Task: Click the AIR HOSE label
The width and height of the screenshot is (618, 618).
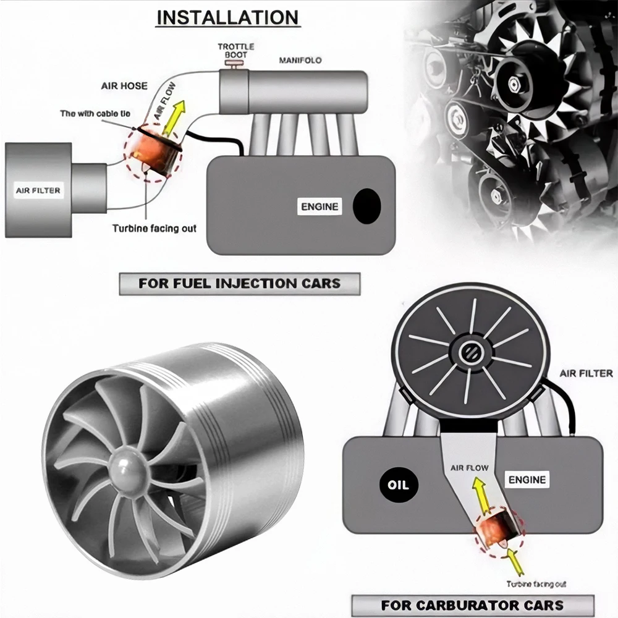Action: tap(124, 86)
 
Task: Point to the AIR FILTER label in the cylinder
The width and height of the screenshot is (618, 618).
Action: tap(38, 190)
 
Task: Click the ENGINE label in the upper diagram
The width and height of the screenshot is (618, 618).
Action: tap(320, 207)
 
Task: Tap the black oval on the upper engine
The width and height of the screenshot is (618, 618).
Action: tap(366, 206)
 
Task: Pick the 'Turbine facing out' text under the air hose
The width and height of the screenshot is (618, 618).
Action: tap(154, 229)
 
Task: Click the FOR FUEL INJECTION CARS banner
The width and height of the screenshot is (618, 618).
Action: tap(239, 284)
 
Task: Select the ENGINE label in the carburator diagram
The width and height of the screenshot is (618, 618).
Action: tap(527, 480)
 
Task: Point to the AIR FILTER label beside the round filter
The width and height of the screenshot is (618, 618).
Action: tap(586, 373)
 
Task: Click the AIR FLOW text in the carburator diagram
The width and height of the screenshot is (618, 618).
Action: tap(470, 468)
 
